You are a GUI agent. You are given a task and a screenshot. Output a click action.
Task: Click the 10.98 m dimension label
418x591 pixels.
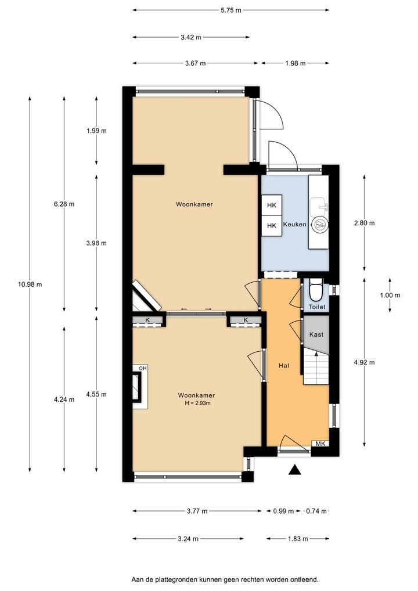(30, 284)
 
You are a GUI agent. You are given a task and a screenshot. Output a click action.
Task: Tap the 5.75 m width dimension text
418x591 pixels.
(230, 10)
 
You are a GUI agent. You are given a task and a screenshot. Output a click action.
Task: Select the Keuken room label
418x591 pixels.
(295, 224)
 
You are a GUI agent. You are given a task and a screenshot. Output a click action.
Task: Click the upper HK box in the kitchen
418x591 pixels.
(272, 205)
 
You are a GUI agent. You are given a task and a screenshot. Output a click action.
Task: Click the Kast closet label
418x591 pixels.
(316, 334)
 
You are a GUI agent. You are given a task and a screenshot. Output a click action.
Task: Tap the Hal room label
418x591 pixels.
(284, 365)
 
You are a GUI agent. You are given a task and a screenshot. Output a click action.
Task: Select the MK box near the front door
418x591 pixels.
(320, 444)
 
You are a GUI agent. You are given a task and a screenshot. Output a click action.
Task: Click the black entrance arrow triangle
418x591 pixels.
(296, 470)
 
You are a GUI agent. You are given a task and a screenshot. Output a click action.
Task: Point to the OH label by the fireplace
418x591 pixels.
(142, 368)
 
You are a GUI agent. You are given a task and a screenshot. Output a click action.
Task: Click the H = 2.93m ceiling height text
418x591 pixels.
(196, 403)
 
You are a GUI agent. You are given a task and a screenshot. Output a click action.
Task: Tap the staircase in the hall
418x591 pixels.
(316, 367)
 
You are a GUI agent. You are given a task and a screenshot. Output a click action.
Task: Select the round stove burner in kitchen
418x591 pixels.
(320, 225)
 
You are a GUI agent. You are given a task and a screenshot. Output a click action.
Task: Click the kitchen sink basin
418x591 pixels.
(319, 206)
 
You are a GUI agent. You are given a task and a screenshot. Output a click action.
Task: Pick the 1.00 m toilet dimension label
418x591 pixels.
(390, 295)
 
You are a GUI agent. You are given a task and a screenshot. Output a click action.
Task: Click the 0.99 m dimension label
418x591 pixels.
(283, 511)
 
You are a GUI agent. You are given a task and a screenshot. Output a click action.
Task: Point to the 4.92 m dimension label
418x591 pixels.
(365, 363)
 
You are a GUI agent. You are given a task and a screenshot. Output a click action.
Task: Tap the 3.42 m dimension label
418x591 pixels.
(191, 37)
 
